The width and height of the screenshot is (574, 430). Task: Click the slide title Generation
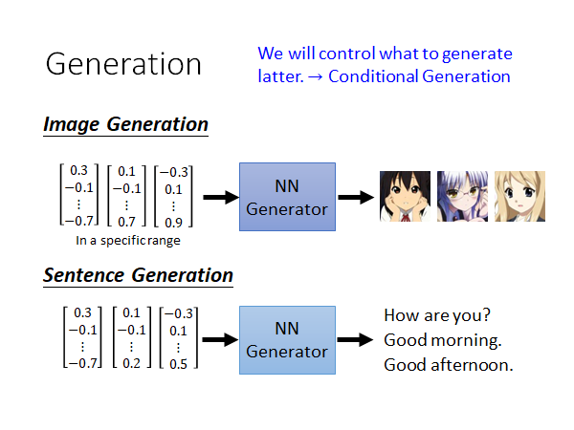click(x=123, y=64)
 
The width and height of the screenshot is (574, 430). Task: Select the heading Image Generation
click(x=125, y=124)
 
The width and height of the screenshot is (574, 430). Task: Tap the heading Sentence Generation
click(x=138, y=275)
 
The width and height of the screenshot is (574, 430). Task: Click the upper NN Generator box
click(x=287, y=197)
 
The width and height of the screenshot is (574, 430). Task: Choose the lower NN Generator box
click(x=287, y=340)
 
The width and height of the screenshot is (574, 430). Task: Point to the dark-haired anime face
click(x=403, y=196)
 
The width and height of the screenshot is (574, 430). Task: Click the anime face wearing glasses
click(x=462, y=196)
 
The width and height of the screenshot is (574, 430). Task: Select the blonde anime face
click(x=519, y=196)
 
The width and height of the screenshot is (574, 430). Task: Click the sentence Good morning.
click(x=442, y=340)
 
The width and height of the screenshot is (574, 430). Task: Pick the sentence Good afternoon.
click(x=448, y=365)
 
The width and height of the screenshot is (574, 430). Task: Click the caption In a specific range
click(x=127, y=241)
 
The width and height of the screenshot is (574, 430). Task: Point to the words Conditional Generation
click(x=419, y=75)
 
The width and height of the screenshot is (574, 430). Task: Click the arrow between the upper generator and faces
click(x=355, y=197)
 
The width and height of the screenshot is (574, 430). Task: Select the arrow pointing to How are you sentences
click(x=355, y=340)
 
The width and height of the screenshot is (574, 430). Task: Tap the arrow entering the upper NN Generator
click(x=218, y=197)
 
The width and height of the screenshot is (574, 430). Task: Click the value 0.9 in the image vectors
click(x=173, y=222)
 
